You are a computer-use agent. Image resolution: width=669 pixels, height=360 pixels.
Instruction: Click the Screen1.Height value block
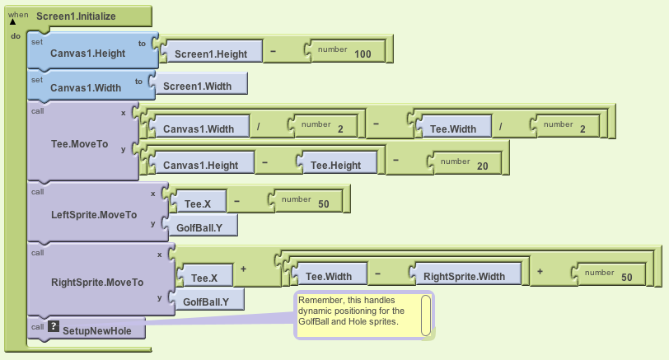[210, 54]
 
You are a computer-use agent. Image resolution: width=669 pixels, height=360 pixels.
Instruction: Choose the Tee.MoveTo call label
[79, 143]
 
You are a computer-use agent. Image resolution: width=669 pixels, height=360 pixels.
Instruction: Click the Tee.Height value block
[335, 165]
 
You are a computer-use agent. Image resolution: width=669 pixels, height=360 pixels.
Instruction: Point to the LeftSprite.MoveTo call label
[93, 214]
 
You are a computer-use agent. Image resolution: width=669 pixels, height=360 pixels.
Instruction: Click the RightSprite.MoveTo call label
[96, 282]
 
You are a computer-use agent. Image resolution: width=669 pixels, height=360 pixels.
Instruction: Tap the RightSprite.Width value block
[465, 276]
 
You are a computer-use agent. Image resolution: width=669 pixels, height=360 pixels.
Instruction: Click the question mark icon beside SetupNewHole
[54, 327]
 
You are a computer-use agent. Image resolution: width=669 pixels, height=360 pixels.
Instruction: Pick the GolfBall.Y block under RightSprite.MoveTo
[205, 302]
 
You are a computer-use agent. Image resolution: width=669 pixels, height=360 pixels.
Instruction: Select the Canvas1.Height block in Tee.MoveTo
[200, 165]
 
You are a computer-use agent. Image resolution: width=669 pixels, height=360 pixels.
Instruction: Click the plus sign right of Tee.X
[244, 269]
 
